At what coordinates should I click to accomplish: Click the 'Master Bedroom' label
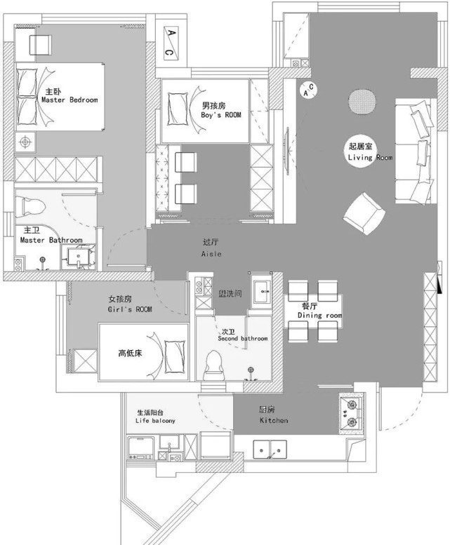(x=70, y=100)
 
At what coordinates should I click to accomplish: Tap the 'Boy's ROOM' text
(x=221, y=115)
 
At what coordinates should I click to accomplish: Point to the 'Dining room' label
(x=319, y=315)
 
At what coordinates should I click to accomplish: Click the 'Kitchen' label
(x=274, y=420)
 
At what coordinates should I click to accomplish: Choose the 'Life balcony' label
(x=155, y=421)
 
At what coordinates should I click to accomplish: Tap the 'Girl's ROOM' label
(x=130, y=309)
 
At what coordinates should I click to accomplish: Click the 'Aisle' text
(x=211, y=254)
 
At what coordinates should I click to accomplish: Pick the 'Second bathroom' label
(x=243, y=339)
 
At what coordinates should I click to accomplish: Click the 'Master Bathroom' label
(x=51, y=240)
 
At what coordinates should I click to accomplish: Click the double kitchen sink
(x=270, y=450)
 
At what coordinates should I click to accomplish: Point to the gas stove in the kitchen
(x=352, y=413)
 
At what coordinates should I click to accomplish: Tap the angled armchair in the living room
(x=364, y=213)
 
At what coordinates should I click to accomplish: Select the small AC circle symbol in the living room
(x=308, y=90)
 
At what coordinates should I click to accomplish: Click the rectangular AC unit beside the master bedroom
(x=171, y=43)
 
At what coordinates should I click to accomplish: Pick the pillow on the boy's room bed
(x=177, y=109)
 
